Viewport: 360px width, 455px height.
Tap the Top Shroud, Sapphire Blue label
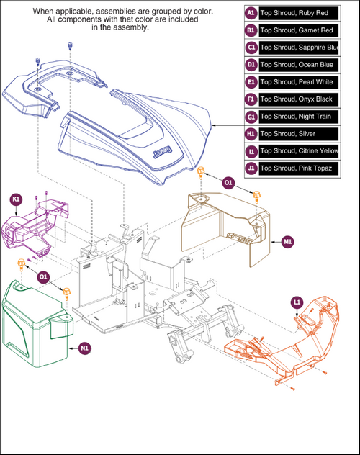(297, 48)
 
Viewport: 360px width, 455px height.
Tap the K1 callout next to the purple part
(14, 197)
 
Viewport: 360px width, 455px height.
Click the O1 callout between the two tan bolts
(228, 184)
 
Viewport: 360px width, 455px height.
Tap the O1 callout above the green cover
(43, 276)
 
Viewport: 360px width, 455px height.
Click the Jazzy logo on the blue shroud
(161, 153)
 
